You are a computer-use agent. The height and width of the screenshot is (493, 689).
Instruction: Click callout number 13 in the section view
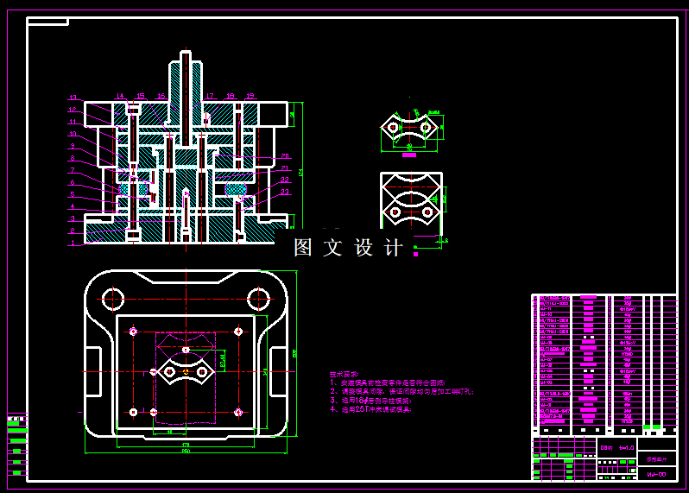tap(73, 97)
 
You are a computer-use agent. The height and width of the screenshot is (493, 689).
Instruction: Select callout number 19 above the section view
tap(250, 96)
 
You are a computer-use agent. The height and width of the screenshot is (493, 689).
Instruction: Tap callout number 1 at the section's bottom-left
tap(73, 243)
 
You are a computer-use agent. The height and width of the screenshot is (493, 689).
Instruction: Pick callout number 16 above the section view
tap(161, 96)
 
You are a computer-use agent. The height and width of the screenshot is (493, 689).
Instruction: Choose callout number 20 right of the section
tap(285, 156)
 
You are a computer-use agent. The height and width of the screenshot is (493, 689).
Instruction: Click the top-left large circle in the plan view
tap(114, 299)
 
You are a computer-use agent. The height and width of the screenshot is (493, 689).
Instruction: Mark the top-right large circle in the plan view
tap(258, 299)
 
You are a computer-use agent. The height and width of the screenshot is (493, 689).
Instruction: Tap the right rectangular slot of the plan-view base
tap(278, 372)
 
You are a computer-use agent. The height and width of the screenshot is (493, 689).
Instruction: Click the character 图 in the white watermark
tap(303, 248)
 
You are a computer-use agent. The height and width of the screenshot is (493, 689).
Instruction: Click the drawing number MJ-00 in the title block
tap(656, 474)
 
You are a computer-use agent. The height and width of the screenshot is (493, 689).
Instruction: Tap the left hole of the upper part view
tap(394, 128)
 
